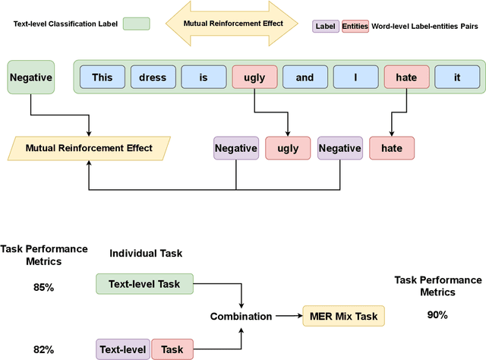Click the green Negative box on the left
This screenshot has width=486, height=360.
pyautogui.click(x=30, y=77)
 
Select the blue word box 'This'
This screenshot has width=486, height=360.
pyautogui.click(x=102, y=77)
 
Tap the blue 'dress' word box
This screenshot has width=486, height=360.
pyautogui.click(x=153, y=77)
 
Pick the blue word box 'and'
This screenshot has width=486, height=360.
pyautogui.click(x=305, y=77)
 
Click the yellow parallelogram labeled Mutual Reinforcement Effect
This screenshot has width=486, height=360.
pyautogui.click(x=90, y=148)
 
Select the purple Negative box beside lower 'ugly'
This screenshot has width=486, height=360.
pyautogui.click(x=235, y=149)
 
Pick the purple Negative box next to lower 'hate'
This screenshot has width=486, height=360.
pyautogui.click(x=339, y=149)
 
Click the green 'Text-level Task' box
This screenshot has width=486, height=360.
pyautogui.click(x=144, y=284)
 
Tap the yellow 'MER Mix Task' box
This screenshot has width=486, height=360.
pyautogui.click(x=344, y=315)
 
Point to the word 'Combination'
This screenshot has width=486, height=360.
pyautogui.click(x=241, y=316)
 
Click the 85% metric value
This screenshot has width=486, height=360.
pyautogui.click(x=43, y=288)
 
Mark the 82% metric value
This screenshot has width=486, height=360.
pyautogui.click(x=43, y=349)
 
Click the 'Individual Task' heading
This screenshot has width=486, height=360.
pyautogui.click(x=146, y=253)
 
